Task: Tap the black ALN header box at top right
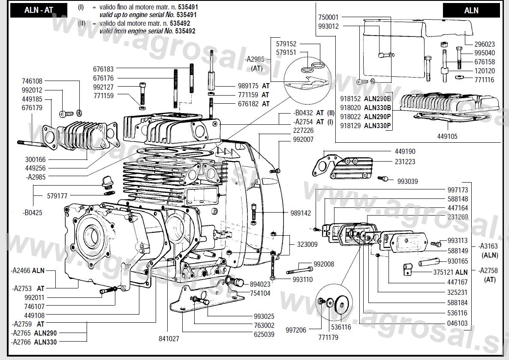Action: pos(471,10)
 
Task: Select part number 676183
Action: pos(103,69)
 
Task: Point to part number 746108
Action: pos(32,81)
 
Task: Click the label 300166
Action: pos(35,159)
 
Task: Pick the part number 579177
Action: pos(57,196)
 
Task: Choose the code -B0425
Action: pos(33,212)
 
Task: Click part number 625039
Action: pos(264,334)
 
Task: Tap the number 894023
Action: pos(260,284)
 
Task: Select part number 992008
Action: pos(324,264)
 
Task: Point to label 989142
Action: pos(301,213)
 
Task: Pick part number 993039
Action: pos(407,181)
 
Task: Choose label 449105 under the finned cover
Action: pos(447,136)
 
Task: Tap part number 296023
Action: pos(485,44)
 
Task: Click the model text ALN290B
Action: pos(377,98)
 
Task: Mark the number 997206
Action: pos(296,330)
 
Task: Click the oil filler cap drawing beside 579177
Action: pos(106,184)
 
